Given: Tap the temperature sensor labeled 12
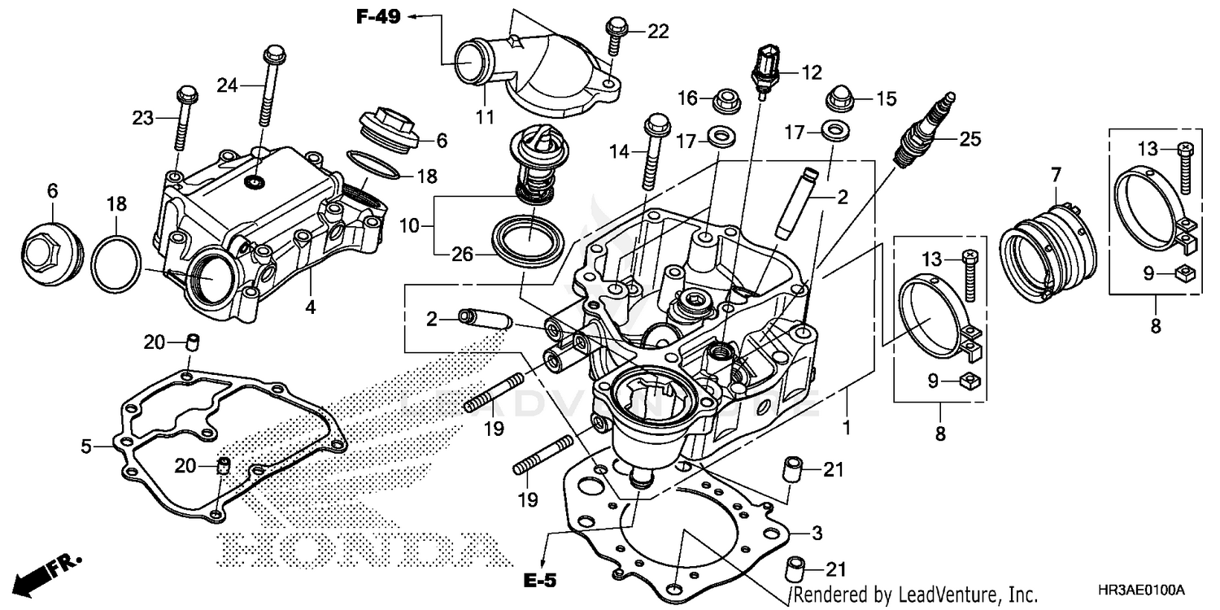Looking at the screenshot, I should pyautogui.click(x=765, y=70).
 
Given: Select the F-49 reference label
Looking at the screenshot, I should pyautogui.click(x=377, y=15).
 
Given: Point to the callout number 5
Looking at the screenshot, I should pyautogui.click(x=85, y=445).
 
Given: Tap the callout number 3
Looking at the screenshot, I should pyautogui.click(x=817, y=534).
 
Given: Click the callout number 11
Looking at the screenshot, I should pyautogui.click(x=485, y=117).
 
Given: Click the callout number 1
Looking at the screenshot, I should pyautogui.click(x=847, y=425).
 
